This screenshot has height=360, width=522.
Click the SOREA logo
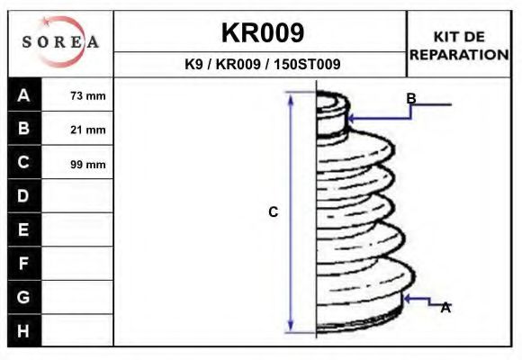click(60, 41)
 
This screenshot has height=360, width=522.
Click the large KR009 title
click(263, 32)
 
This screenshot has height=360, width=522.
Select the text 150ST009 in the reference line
click(307, 64)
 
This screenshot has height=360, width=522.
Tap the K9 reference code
click(193, 64)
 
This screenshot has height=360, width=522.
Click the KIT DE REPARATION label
click(459, 46)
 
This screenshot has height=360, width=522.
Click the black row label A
click(24, 95)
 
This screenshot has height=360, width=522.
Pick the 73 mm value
click(88, 96)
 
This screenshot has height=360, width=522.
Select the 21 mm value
click(88, 130)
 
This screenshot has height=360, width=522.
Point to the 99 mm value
click(88, 165)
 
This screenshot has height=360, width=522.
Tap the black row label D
click(24, 196)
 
